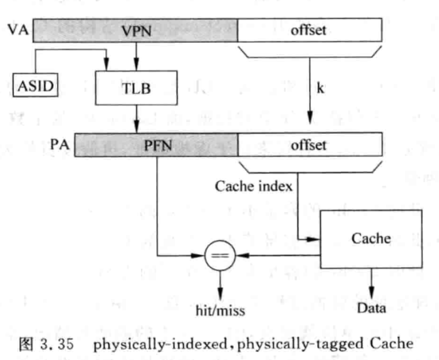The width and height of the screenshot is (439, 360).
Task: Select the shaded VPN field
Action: point(135,30)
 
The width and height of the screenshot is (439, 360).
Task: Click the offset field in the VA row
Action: point(308,30)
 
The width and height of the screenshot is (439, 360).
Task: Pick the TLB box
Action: point(135,88)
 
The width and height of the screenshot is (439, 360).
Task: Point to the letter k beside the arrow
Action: point(321,88)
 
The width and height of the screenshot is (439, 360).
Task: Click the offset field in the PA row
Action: point(308,145)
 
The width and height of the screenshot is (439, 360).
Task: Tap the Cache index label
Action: point(253,186)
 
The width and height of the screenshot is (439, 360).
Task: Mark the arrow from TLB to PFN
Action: point(135,119)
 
